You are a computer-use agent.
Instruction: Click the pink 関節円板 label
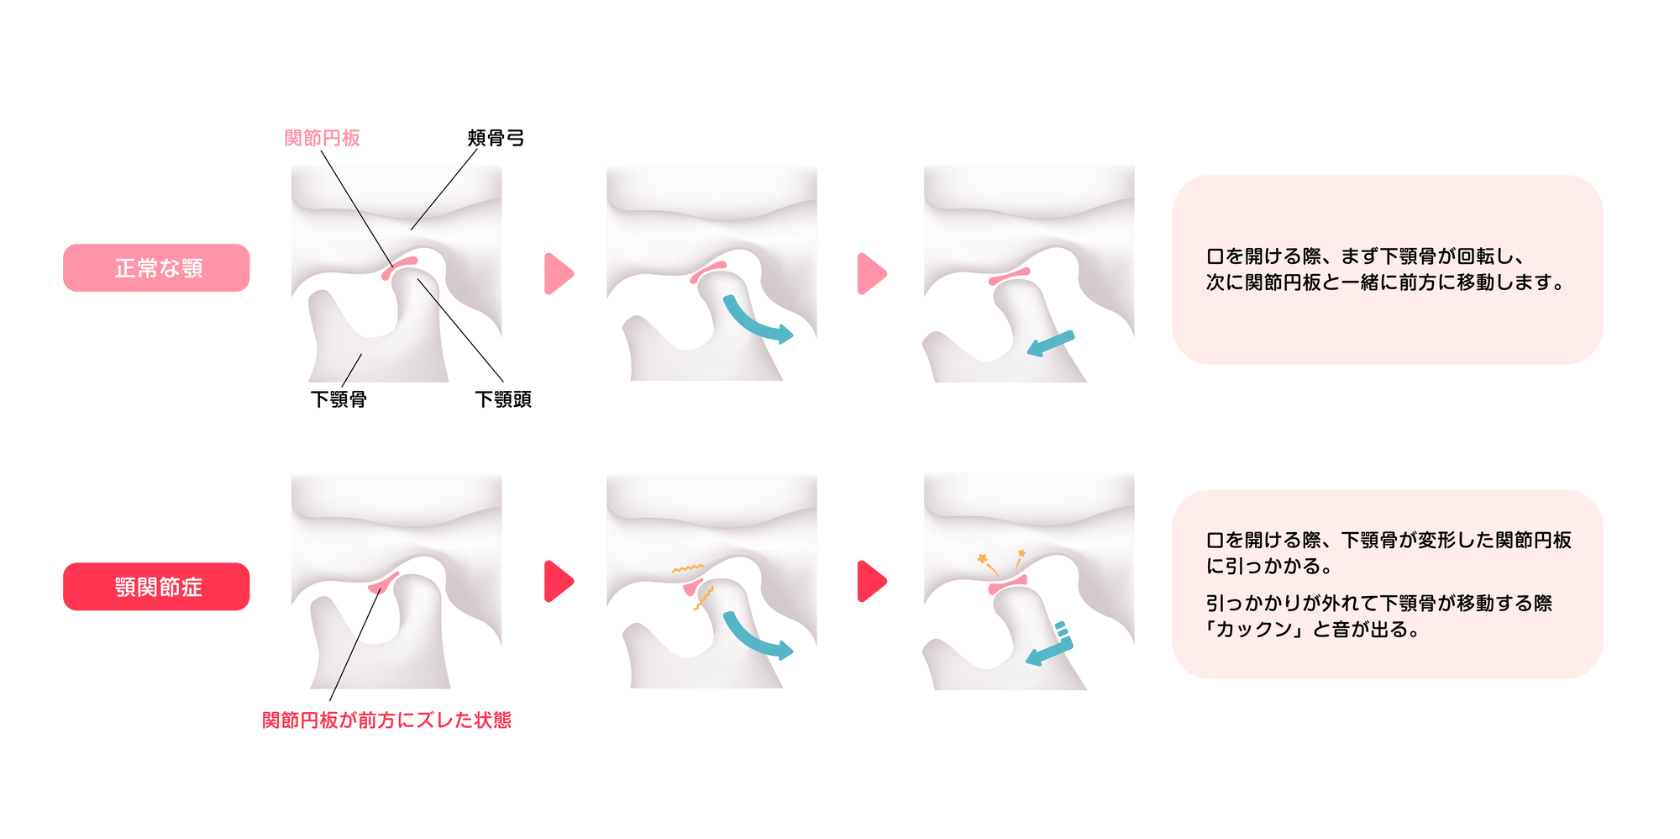pos(322,138)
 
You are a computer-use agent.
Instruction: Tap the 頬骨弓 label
pos(496,138)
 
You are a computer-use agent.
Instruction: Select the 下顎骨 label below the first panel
pos(339,399)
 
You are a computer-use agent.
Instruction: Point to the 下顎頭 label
pos(503,399)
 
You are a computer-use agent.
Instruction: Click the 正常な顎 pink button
pos(156,268)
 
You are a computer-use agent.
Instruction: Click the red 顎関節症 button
pos(156,587)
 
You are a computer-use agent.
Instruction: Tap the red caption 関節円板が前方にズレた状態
pos(386,720)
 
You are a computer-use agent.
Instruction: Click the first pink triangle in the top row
pos(558,273)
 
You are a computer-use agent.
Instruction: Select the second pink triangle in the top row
pos(871,273)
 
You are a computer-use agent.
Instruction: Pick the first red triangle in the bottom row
pos(558,581)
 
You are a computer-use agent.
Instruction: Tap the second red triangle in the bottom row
pos(871,581)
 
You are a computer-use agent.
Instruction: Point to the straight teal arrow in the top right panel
pos(1051,343)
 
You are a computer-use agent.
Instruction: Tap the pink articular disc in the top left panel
pos(399,268)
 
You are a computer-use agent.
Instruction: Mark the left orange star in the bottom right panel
pos(982,558)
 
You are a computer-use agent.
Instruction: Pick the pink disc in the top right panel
pos(1009,277)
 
